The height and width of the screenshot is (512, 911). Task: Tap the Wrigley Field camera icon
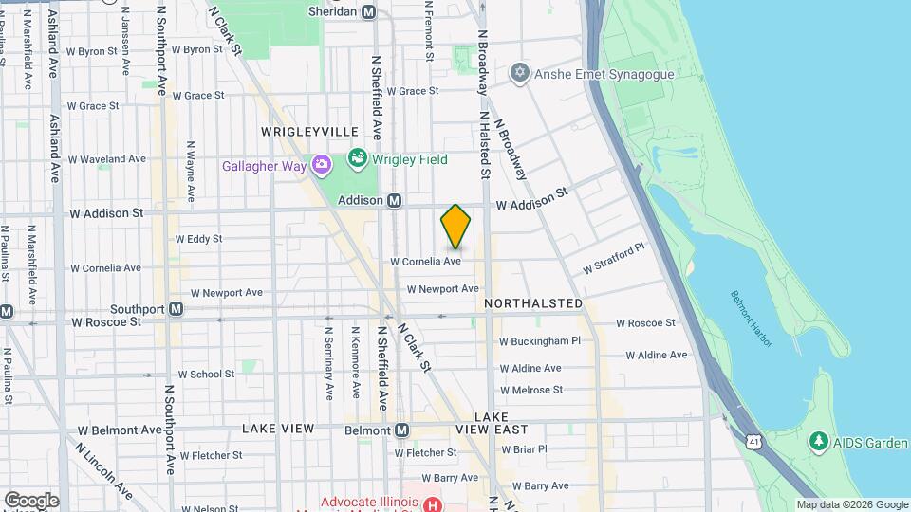click(x=358, y=158)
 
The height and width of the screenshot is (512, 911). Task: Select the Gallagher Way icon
click(x=322, y=166)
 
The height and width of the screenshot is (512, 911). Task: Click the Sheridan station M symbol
click(x=369, y=11)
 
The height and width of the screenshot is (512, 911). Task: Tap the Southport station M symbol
click(x=176, y=309)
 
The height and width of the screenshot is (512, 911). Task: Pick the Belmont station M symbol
click(x=401, y=430)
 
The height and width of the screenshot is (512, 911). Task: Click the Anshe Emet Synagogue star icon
click(x=519, y=73)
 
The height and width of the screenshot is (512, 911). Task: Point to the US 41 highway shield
click(x=753, y=442)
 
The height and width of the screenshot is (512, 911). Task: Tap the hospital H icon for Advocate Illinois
click(x=433, y=504)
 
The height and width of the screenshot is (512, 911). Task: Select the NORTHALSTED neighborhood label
click(x=533, y=303)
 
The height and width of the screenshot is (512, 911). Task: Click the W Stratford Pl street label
click(x=613, y=258)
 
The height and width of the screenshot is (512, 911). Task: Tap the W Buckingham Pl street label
click(x=539, y=340)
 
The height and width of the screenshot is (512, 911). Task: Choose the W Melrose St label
click(x=531, y=390)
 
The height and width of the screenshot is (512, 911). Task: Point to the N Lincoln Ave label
click(x=104, y=471)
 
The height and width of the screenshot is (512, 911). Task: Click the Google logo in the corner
click(x=31, y=500)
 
